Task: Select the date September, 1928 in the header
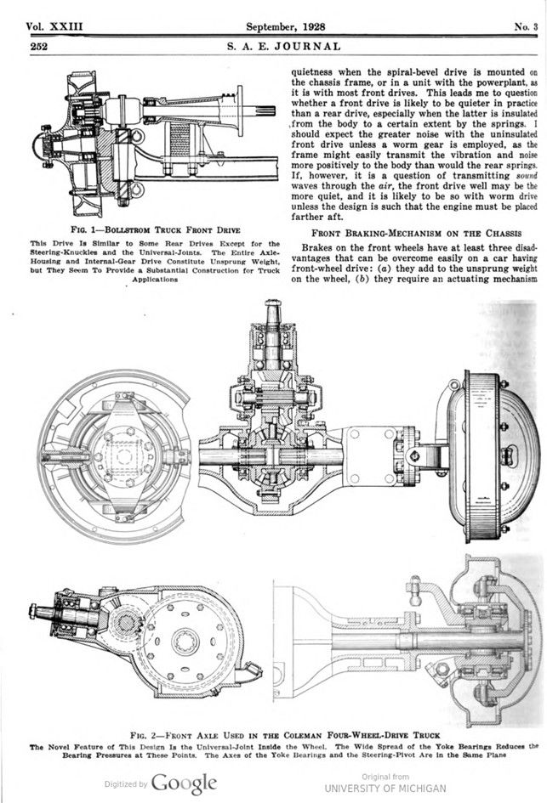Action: coord(281,26)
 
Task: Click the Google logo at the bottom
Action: coord(184,783)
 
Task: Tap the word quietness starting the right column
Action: coord(319,73)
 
